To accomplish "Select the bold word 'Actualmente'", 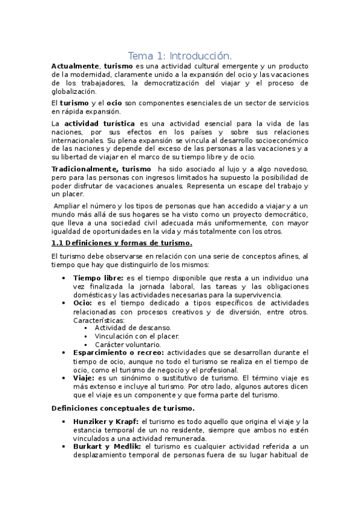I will point(75,66).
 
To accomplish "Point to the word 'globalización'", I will point(73,91).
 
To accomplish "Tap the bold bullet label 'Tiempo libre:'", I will point(99,277).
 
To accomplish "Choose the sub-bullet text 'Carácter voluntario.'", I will point(128,345).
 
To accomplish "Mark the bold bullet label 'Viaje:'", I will point(84,378).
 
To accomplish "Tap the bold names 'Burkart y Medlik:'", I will point(107,447).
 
